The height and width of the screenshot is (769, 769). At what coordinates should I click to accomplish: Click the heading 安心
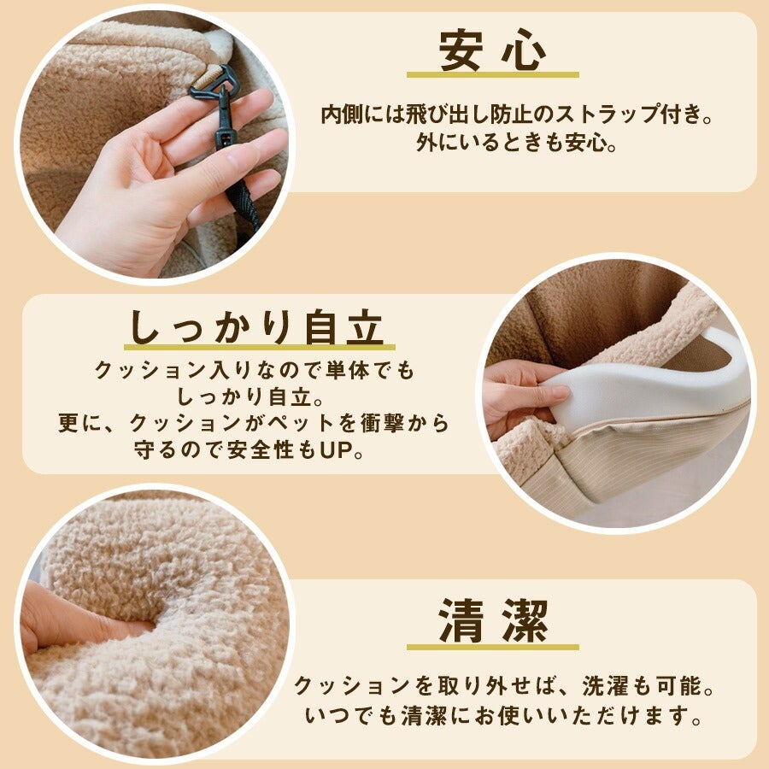[x=492, y=50]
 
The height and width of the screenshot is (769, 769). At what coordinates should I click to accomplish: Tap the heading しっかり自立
[x=256, y=326]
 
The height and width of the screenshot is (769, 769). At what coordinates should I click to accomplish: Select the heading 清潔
[x=492, y=620]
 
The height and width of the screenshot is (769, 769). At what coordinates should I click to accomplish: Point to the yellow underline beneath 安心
[x=493, y=75]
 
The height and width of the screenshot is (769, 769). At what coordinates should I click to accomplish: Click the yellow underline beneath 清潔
[x=493, y=647]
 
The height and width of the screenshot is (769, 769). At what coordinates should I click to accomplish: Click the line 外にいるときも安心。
[x=516, y=144]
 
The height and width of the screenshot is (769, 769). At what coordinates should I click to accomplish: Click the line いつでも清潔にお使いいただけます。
[x=503, y=716]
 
